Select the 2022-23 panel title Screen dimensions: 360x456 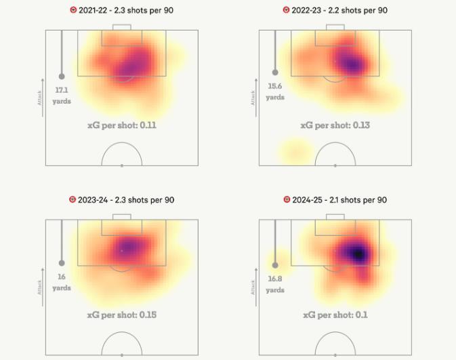[x=340, y=10]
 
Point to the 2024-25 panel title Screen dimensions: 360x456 [x=340, y=200]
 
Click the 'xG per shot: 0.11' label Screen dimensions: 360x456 [x=122, y=125]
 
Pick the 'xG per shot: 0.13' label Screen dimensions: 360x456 [x=335, y=125]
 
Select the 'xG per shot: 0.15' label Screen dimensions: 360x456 [x=122, y=315]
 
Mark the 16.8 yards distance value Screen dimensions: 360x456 [x=275, y=283]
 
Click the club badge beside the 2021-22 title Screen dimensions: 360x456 [x=73, y=10]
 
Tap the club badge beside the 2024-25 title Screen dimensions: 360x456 [x=287, y=200]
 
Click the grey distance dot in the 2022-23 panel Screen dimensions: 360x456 [x=275, y=72]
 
